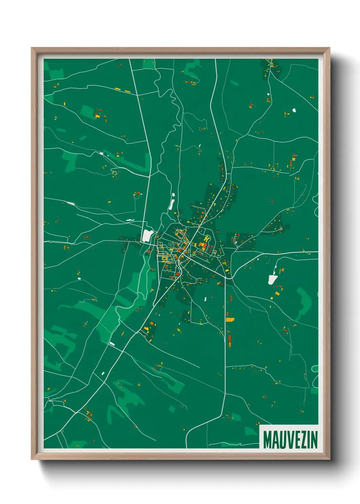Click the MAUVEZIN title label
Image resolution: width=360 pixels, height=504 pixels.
click(x=290, y=439)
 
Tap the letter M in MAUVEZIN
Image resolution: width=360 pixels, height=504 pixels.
click(x=267, y=440)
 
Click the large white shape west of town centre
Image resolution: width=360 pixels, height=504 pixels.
click(x=147, y=235)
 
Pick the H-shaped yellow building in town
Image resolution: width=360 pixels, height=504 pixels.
click(x=206, y=239)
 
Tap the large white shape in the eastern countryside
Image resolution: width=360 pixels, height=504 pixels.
click(x=273, y=280)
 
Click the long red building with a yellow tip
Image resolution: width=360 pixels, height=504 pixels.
click(x=229, y=340)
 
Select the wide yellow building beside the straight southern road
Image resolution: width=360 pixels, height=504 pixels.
click(x=230, y=319)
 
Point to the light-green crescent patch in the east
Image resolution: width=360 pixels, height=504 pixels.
click(x=304, y=303)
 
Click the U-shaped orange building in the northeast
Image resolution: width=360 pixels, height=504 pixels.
click(x=268, y=100)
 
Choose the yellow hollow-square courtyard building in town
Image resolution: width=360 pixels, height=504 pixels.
click(x=164, y=259)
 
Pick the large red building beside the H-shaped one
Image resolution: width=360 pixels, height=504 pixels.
click(x=201, y=246)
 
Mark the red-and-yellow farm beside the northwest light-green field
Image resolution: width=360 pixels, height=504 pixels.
click(x=98, y=114)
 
